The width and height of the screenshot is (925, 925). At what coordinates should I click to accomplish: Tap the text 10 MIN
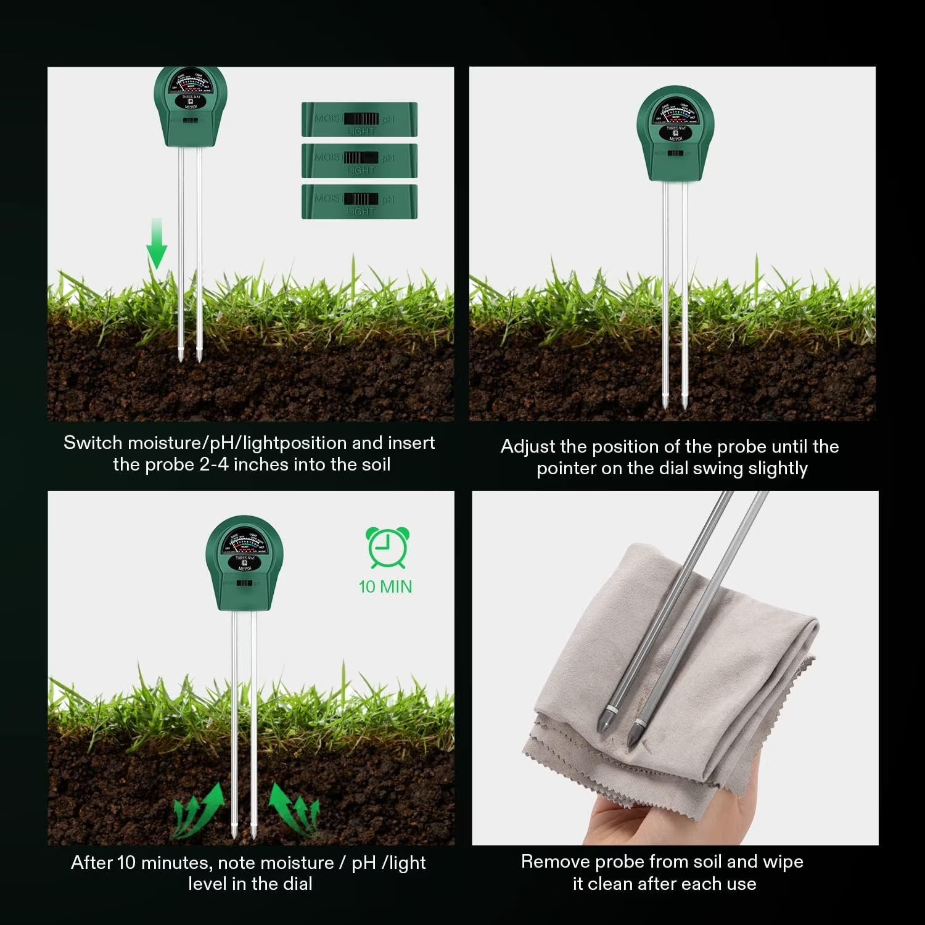385,586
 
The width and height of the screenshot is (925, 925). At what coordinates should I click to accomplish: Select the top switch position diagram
360,120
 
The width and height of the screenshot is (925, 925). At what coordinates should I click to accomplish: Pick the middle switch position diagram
360,160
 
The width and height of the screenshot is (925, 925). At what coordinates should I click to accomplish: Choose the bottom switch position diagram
360,202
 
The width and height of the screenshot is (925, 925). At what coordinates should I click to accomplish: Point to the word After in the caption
92,862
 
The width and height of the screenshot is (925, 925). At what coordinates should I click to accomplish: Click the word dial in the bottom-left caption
296,884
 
